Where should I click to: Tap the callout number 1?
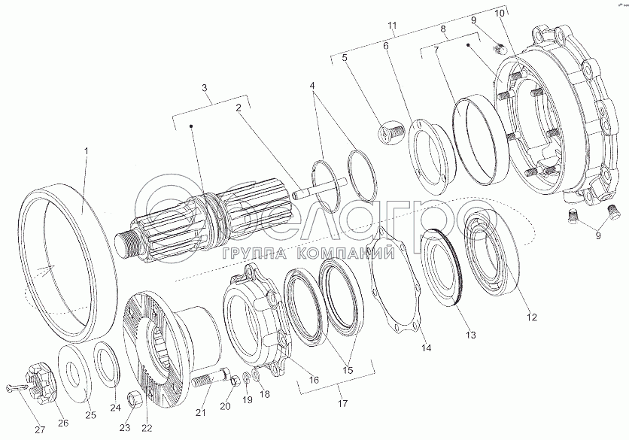click(x=86, y=152)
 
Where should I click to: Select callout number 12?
click(x=531, y=317)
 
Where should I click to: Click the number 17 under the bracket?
click(x=343, y=404)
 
